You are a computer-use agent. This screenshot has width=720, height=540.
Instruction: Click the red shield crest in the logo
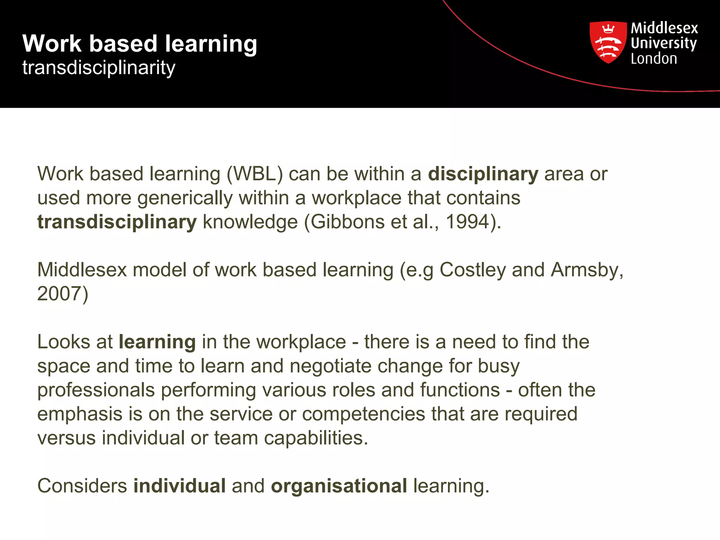point(608,42)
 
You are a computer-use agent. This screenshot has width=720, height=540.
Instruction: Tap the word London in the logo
point(654,59)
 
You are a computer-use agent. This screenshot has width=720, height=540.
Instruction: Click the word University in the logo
point(663,43)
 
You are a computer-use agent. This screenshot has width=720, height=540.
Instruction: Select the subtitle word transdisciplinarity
point(99,67)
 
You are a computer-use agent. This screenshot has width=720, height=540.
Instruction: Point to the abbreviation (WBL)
point(255,174)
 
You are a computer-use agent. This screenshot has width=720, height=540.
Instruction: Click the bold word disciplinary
point(483,174)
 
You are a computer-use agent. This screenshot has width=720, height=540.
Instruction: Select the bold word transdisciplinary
point(117,222)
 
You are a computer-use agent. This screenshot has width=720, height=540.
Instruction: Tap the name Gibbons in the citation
point(347,222)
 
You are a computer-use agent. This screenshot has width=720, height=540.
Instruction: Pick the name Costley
point(472,270)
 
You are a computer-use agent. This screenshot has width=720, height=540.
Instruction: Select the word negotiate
point(330,366)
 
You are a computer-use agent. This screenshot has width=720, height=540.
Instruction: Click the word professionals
point(96,390)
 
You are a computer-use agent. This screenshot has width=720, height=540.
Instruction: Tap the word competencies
point(364,414)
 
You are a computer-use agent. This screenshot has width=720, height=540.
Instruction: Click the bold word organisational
point(339,486)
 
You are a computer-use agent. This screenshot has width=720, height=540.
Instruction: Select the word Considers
point(82,486)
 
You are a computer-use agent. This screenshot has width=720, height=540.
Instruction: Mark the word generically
point(185,198)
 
